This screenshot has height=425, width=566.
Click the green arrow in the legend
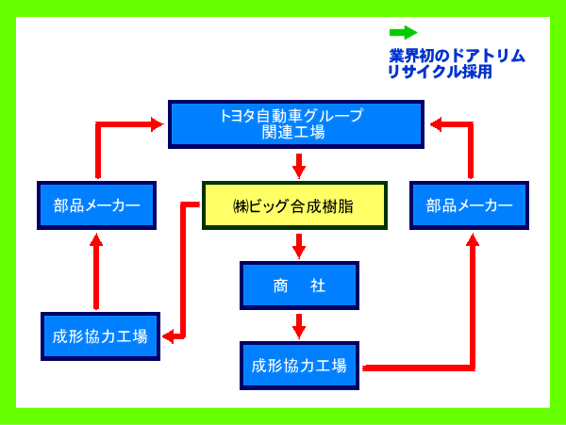pos(403,32)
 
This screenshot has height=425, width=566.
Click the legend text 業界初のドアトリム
pos(457,56)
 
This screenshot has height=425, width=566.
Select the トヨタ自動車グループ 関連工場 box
pos(296,124)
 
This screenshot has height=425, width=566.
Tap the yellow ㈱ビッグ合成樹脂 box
pos(294,205)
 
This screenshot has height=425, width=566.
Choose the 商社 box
pos(299,286)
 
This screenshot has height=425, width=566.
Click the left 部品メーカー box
pos(96,205)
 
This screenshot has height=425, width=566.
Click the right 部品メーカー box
pos(469,205)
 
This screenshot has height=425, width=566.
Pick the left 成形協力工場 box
pos(100,336)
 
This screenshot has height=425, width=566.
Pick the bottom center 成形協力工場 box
pos(299,366)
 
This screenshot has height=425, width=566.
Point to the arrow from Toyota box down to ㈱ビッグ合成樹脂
pos(299,166)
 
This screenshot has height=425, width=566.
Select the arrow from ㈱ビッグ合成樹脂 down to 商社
pos(299,246)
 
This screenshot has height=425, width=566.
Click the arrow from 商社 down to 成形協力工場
pos(299,326)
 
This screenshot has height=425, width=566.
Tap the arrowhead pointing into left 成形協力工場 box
pos(168,336)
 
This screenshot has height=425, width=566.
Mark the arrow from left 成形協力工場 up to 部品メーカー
pos(96,271)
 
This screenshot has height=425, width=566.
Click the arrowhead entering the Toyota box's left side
pos(158,124)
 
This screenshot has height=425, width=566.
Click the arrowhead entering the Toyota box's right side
pos(436,124)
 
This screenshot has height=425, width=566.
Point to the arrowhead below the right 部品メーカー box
pos(473,239)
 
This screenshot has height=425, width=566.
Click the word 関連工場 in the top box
pos(293,133)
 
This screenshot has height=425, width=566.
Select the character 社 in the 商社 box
pos(318,286)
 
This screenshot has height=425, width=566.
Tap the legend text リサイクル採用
pos(440,72)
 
